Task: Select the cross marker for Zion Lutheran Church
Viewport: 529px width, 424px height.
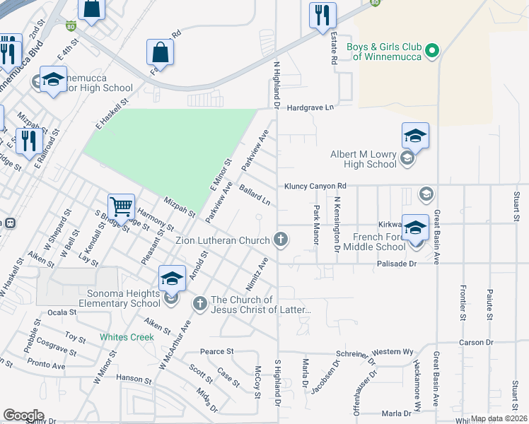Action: [x=281, y=240]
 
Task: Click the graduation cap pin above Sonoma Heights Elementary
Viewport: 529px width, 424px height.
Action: [x=172, y=278]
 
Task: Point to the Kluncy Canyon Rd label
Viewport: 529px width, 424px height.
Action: [x=315, y=187]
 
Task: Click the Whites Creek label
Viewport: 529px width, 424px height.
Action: [x=127, y=337]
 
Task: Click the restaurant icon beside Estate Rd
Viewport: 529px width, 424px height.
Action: [x=323, y=15]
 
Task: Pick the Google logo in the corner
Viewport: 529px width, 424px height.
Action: [x=23, y=415]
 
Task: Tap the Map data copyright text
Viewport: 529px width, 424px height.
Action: [x=499, y=418]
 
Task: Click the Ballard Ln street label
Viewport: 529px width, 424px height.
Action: [x=255, y=196]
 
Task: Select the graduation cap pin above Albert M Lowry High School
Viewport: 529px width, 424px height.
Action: [x=415, y=136]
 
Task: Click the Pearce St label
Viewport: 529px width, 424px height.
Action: [x=216, y=351]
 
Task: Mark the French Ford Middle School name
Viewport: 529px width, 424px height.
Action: [x=375, y=242]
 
